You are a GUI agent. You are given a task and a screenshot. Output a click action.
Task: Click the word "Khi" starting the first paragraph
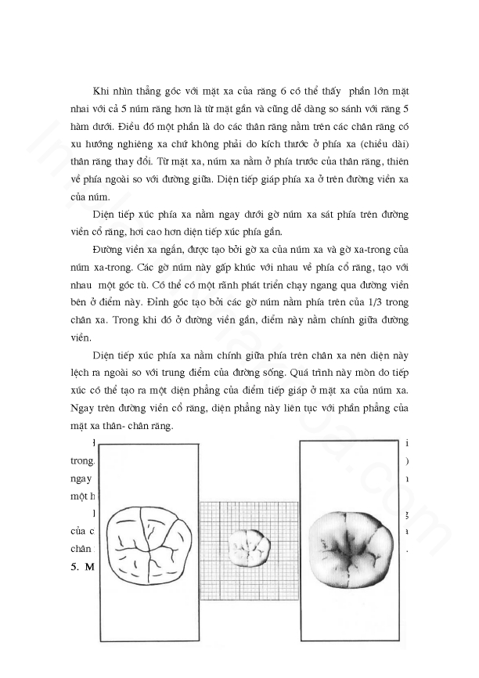(x=103, y=92)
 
